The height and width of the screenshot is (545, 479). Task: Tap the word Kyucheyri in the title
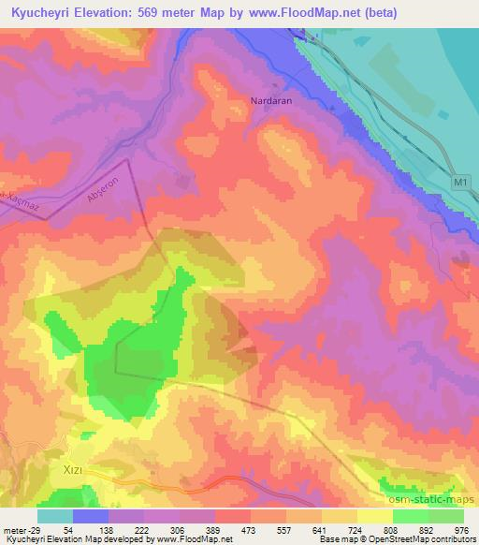click(36, 13)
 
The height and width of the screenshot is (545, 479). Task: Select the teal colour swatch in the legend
click(55, 516)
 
